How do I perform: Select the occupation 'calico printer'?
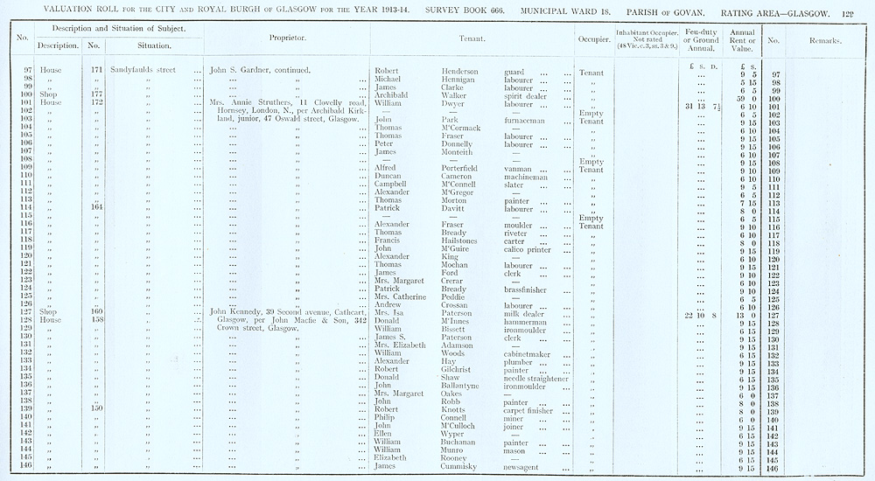(534, 248)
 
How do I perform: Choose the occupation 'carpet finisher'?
(533, 408)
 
